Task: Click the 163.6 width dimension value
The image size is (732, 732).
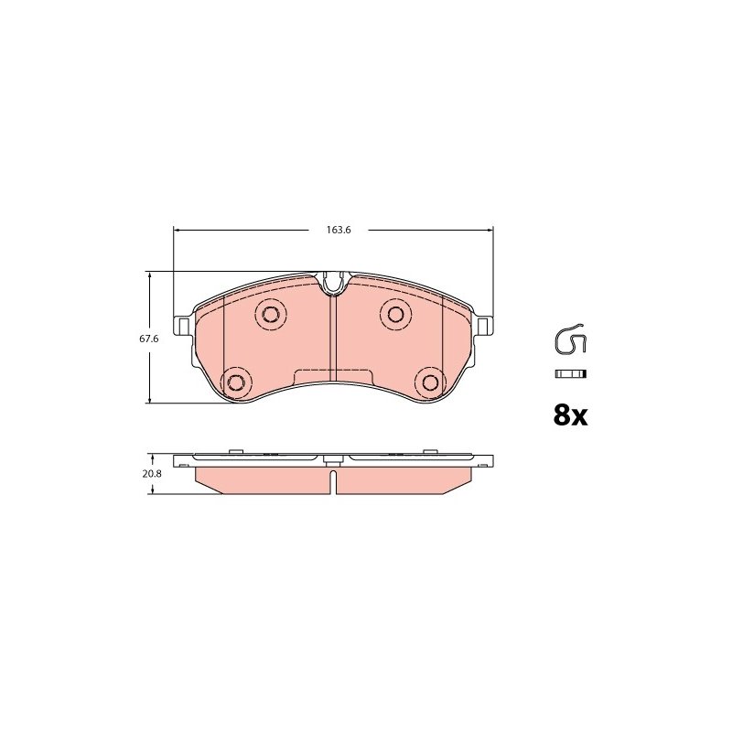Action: [339, 231]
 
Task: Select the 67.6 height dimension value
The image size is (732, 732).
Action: [149, 339]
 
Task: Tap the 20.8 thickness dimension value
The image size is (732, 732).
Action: [152, 473]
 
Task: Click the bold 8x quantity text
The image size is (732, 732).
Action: [570, 415]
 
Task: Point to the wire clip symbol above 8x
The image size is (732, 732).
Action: [569, 339]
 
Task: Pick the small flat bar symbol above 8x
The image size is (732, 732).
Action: [570, 374]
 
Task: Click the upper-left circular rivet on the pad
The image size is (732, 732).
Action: [271, 314]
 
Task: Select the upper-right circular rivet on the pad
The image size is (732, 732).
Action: [396, 314]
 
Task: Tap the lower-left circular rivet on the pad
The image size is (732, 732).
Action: [236, 382]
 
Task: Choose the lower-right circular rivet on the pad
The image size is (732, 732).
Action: [430, 382]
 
